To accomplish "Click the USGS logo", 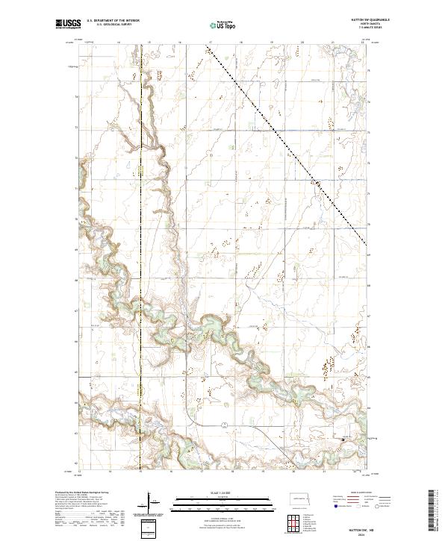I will coord(68,24).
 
